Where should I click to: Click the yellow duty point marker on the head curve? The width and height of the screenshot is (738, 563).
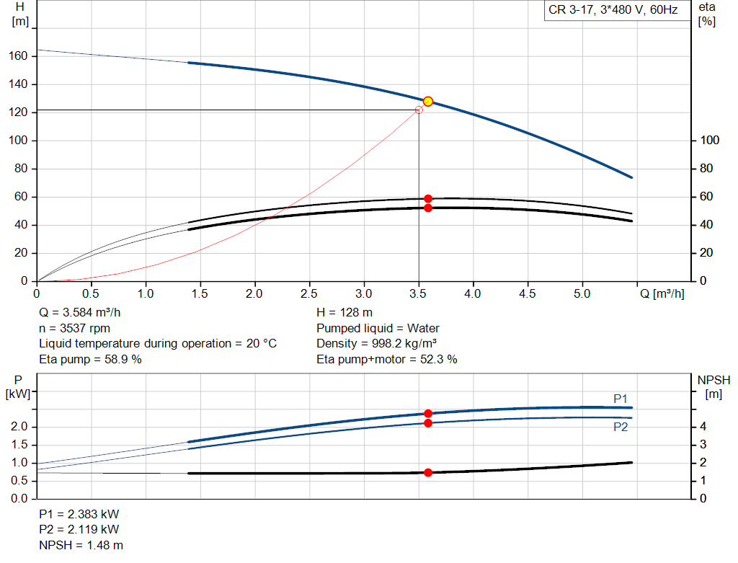(x=428, y=102)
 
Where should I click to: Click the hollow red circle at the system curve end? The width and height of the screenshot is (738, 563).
(x=419, y=110)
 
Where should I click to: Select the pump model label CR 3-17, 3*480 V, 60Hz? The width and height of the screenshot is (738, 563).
(x=613, y=11)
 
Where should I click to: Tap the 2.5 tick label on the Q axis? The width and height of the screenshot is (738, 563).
(x=309, y=294)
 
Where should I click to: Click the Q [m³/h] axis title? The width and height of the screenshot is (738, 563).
(x=661, y=294)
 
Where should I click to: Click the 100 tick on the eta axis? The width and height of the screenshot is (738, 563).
(x=708, y=141)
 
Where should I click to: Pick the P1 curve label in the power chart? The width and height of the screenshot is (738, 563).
(x=621, y=399)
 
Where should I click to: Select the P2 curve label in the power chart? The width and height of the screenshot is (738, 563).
(x=621, y=427)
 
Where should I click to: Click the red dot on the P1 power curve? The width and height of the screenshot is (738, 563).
(x=428, y=414)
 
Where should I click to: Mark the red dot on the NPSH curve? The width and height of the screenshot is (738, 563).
(x=428, y=473)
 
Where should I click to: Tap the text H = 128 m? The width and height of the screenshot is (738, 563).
(x=344, y=313)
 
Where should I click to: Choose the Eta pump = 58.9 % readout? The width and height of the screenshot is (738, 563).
(x=90, y=359)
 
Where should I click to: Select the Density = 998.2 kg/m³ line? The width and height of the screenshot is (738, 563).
(x=378, y=344)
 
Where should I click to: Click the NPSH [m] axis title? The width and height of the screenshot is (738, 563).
(x=713, y=386)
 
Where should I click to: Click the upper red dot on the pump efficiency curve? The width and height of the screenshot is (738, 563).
(x=428, y=198)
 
